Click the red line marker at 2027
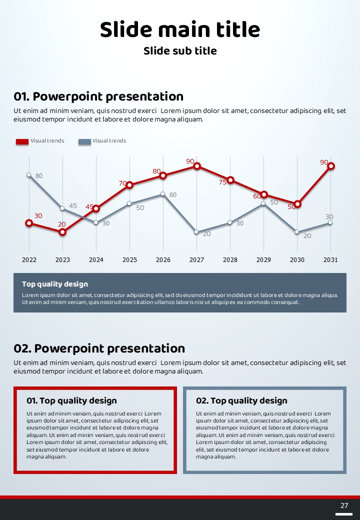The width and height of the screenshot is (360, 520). click(197, 166)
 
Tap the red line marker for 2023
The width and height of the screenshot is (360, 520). click(62, 232)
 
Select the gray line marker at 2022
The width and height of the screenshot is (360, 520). click(29, 175)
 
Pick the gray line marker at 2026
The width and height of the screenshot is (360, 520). click(163, 194)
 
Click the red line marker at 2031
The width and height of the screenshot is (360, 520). click(330, 166)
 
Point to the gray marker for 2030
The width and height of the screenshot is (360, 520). click(297, 232)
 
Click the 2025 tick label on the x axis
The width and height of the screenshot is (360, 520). click(129, 260)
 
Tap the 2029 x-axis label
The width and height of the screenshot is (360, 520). click(263, 260)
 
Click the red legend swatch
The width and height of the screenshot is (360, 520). click(22, 141)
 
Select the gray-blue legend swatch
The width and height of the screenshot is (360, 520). click(84, 141)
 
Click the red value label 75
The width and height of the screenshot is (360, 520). click(222, 182)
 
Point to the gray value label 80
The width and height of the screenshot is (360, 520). click(39, 176)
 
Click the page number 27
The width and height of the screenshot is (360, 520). click(344, 505)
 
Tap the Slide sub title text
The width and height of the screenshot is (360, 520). click(180, 51)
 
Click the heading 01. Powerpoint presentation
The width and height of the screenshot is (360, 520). click(98, 96)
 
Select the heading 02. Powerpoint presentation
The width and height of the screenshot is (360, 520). click(99, 348)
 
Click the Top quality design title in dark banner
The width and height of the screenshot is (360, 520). click(55, 284)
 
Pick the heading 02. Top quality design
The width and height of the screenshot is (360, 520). click(241, 400)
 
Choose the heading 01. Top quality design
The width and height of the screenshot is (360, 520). click(71, 400)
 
